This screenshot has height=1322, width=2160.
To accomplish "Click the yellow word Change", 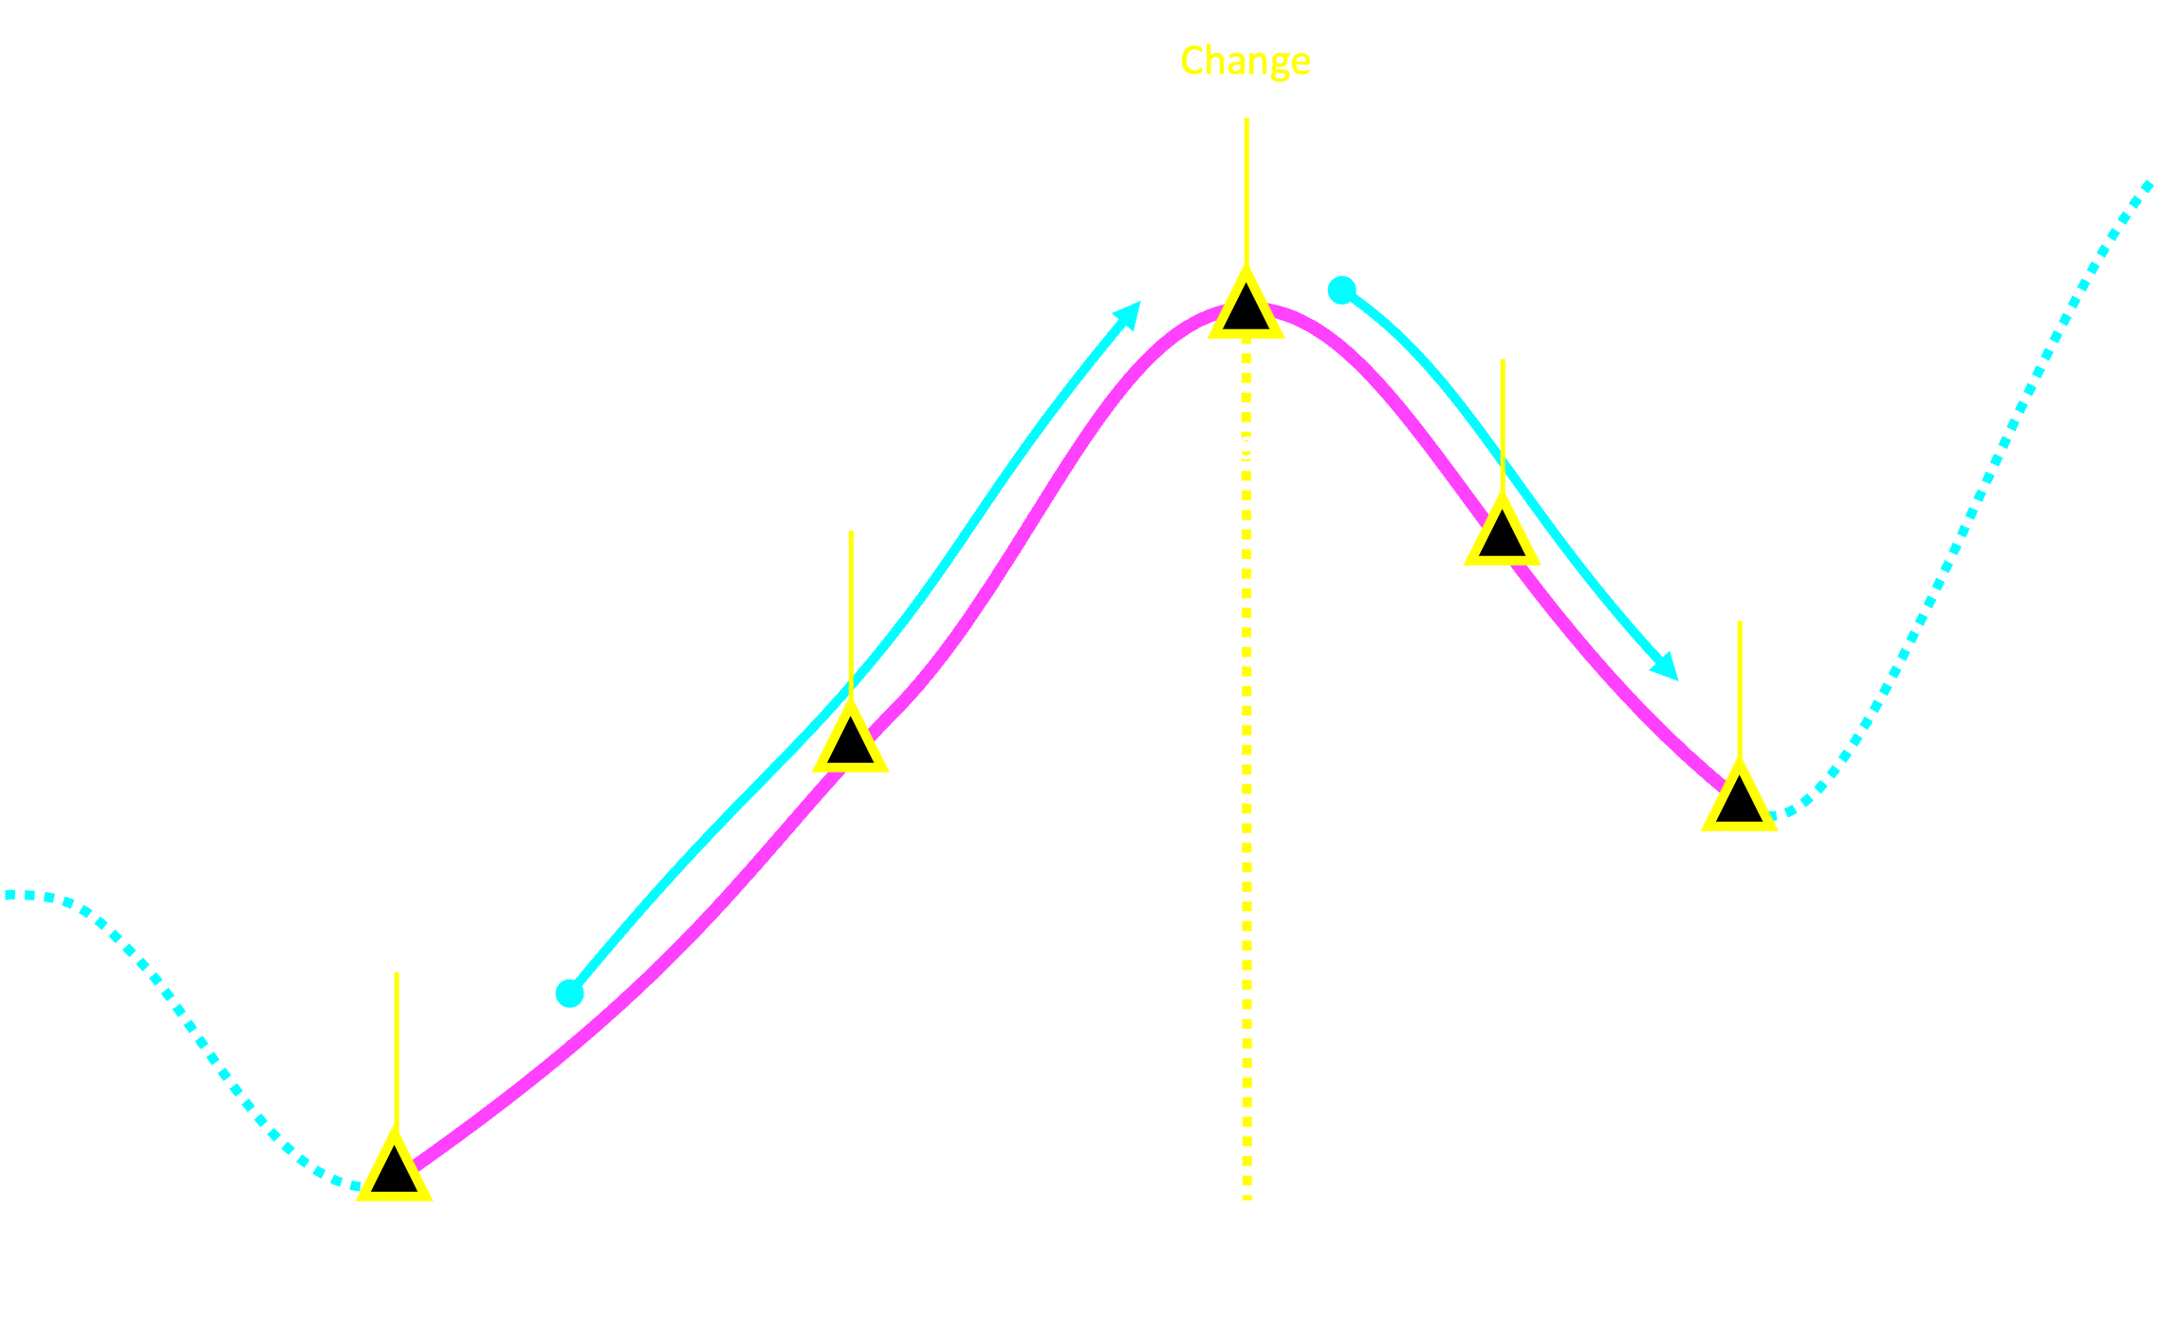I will click(x=1245, y=62).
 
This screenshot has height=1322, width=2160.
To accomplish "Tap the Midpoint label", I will click(x=1245, y=445).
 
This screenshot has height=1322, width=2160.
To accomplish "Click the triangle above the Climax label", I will click(x=1739, y=800).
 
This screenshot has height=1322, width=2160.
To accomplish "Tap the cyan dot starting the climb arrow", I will click(x=569, y=993).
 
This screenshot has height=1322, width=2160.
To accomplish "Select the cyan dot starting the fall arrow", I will click(x=1341, y=289).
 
